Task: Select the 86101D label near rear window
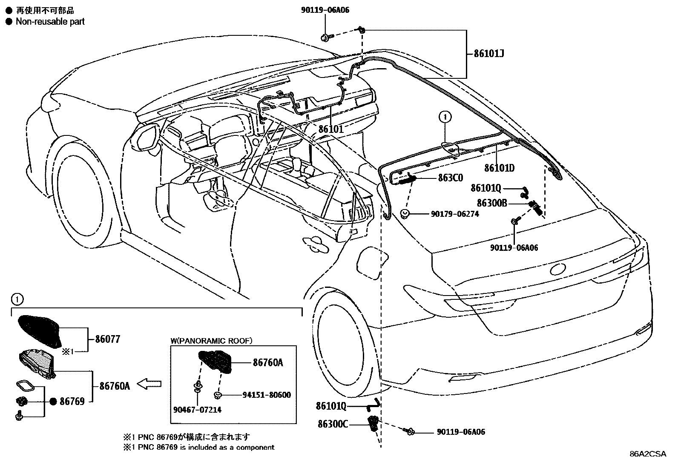point(499,168)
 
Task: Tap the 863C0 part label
point(450,178)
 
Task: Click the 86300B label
point(492,203)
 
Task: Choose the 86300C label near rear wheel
point(333,424)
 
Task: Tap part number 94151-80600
point(267,395)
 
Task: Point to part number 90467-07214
point(197,410)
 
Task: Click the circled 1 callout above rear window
point(445,116)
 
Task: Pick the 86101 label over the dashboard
point(330,129)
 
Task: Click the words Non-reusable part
point(50,21)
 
